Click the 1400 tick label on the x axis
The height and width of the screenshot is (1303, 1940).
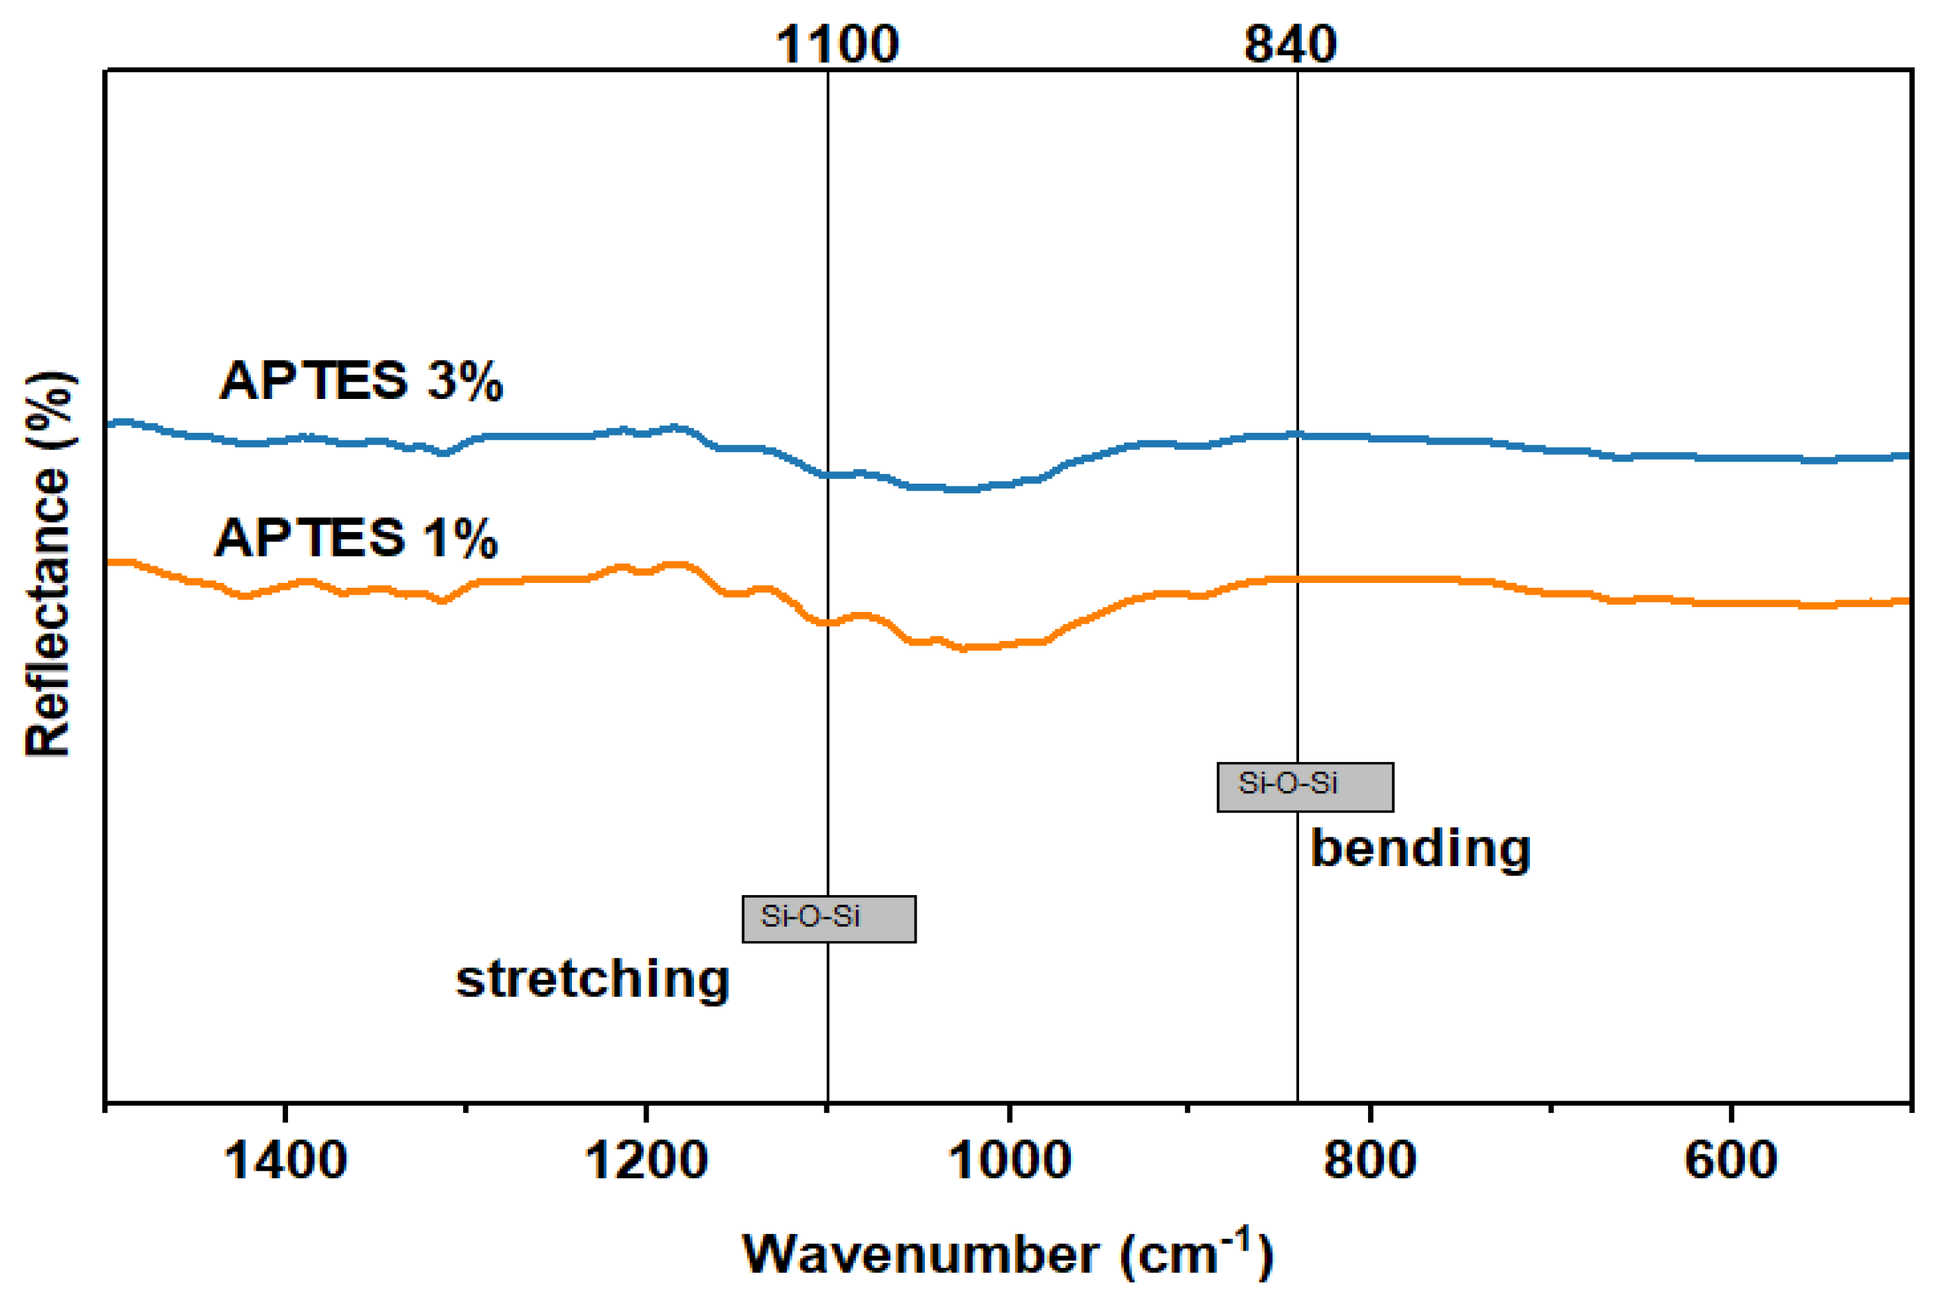tap(285, 1161)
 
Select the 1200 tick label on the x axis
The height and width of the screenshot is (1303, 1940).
tap(646, 1161)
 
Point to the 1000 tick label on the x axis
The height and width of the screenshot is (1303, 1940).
tap(1009, 1161)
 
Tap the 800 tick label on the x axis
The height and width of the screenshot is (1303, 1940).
tap(1370, 1161)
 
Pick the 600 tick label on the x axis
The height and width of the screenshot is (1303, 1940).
tap(1730, 1161)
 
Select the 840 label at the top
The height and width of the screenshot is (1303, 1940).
tap(1290, 45)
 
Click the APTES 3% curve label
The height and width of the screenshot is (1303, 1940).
tap(360, 382)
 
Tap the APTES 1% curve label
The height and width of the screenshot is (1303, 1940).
tap(356, 537)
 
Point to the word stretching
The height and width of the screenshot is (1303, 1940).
tap(593, 981)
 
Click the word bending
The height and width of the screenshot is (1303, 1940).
tap(1420, 850)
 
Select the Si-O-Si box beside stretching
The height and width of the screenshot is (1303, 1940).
tap(828, 919)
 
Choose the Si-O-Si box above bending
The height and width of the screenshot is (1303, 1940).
tap(1305, 787)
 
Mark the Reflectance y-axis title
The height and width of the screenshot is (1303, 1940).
tap(48, 565)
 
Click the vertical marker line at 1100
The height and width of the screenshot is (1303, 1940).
tap(828, 249)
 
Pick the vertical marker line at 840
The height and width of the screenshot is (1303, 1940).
tap(1298, 249)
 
